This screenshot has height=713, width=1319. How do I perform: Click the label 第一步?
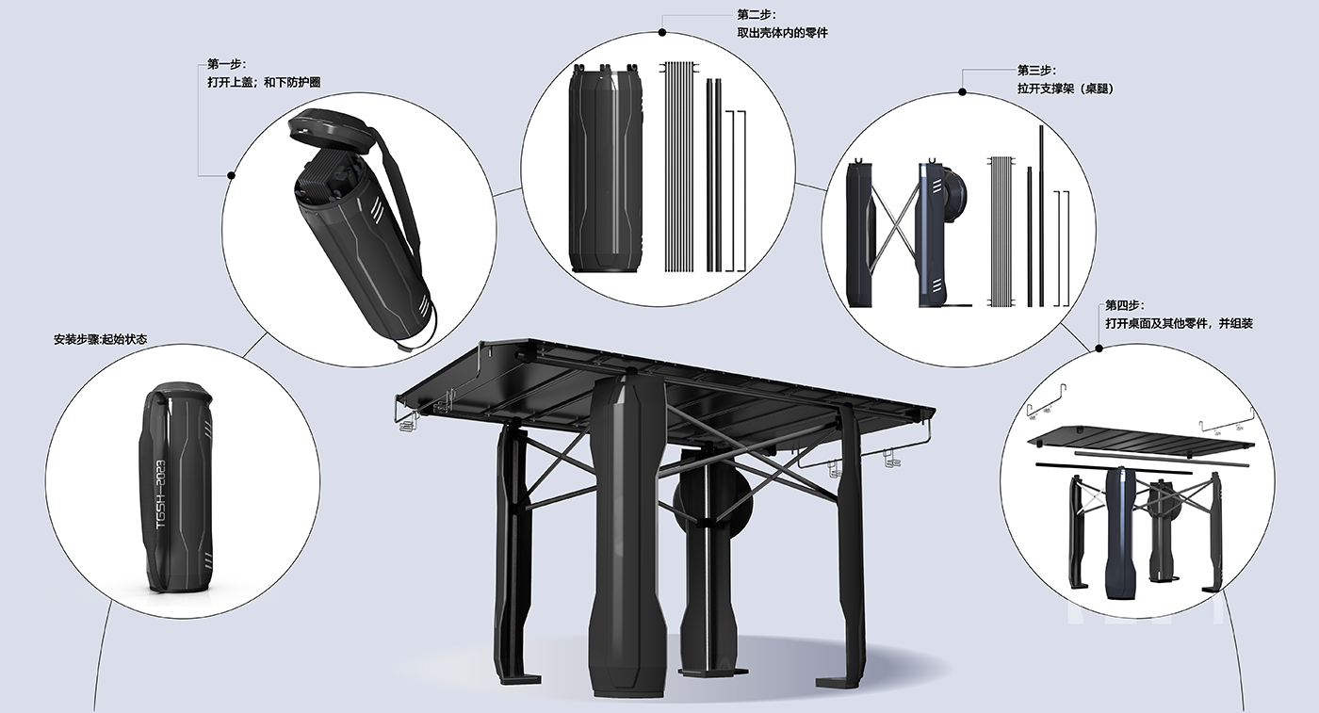pyautogui.click(x=226, y=65)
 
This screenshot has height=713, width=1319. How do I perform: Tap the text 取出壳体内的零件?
pyautogui.click(x=782, y=33)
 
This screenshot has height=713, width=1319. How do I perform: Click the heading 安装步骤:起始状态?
pyautogui.click(x=100, y=339)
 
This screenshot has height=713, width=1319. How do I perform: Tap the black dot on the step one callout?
pyautogui.click(x=231, y=175)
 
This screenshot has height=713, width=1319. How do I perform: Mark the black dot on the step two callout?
pyautogui.click(x=662, y=32)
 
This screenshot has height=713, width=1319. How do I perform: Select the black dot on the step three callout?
pyautogui.click(x=962, y=92)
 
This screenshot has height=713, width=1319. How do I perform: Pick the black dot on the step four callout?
pyautogui.click(x=1099, y=348)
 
